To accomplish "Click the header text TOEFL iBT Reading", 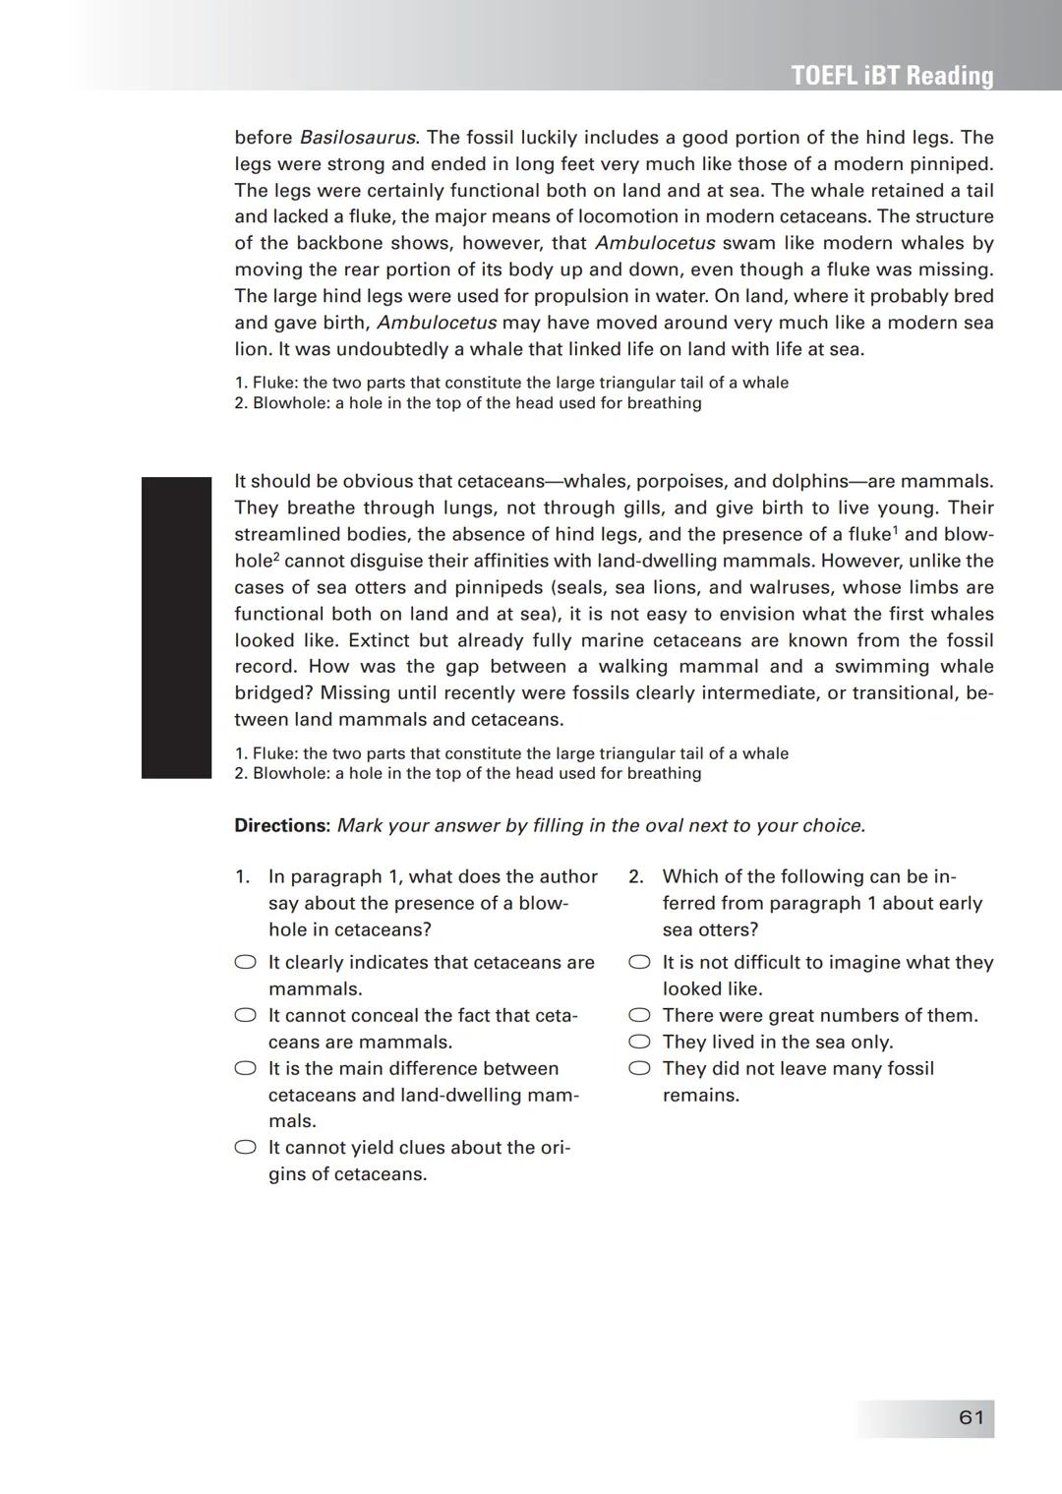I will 892,76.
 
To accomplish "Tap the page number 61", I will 971,1417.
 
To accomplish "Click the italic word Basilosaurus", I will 357,138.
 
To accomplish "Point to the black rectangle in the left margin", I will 176,627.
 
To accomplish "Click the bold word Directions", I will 281,825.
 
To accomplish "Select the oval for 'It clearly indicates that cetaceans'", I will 246,963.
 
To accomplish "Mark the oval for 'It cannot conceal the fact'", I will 246,1016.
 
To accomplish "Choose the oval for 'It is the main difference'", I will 246,1069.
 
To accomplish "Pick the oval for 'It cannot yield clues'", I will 246,1148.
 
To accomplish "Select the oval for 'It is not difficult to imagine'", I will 640,963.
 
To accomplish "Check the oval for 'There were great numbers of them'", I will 640,1016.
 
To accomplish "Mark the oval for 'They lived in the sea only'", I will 640,1043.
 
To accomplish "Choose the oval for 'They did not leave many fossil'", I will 640,1069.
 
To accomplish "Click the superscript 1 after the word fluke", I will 895,530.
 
